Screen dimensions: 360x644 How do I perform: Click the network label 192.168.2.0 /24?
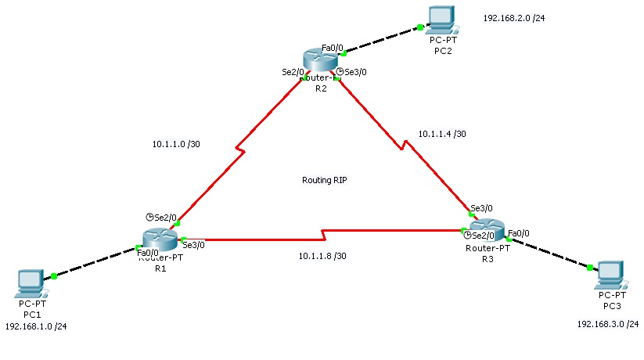click(514, 17)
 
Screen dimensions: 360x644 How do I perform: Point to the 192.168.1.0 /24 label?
click(36, 326)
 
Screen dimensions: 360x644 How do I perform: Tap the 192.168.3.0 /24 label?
click(607, 324)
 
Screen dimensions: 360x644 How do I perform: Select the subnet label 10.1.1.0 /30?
click(176, 144)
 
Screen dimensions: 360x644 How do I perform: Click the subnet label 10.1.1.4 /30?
click(442, 134)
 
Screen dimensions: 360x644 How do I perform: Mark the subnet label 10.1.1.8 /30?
click(322, 256)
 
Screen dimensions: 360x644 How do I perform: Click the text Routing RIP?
click(324, 180)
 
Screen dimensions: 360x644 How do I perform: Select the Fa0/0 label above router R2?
click(333, 48)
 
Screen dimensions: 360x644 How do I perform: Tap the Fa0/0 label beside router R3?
click(518, 233)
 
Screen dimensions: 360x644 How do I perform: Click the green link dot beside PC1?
click(54, 276)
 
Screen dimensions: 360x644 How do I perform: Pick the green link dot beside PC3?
click(589, 268)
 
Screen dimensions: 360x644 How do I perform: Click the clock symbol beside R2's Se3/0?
click(340, 72)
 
